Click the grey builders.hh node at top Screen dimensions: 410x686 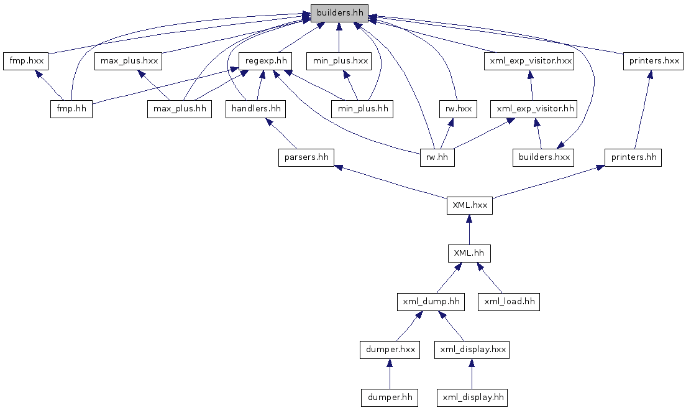339,12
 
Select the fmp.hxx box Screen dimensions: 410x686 25,61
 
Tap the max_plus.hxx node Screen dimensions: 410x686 129,61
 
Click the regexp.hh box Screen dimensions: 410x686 265,61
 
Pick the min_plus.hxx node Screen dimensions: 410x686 339,61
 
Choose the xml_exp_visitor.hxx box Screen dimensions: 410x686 529,61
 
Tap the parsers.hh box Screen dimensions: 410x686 306,157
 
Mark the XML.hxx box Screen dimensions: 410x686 469,205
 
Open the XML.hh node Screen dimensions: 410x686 469,254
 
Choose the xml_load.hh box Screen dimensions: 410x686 508,302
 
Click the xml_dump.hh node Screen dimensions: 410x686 431,302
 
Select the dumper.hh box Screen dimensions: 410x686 389,397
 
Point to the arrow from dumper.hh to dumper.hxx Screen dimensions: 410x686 389,374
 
